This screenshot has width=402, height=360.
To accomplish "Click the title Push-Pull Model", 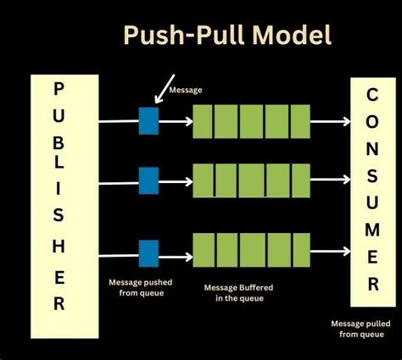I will pos(227,35).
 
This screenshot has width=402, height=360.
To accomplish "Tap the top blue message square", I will pos(149,121).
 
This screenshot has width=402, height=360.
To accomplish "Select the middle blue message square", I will pos(149,180).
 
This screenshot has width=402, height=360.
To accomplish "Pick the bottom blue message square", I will pos(149,252).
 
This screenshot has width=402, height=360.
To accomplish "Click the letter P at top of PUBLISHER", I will pos(59,90).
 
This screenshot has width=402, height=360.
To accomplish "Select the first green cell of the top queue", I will pos(204,120).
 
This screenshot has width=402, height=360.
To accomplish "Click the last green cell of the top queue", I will pos(297,120).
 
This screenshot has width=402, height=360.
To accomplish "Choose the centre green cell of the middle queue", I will pos(250,180).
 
